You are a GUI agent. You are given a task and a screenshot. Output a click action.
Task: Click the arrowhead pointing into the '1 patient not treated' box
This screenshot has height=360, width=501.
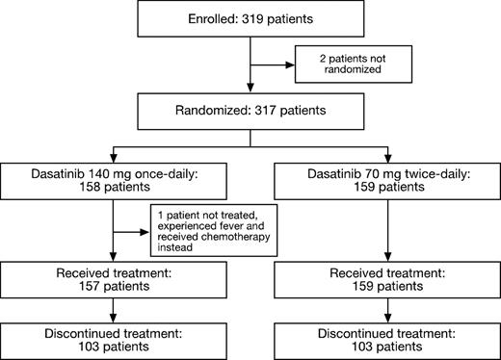(148, 231)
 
